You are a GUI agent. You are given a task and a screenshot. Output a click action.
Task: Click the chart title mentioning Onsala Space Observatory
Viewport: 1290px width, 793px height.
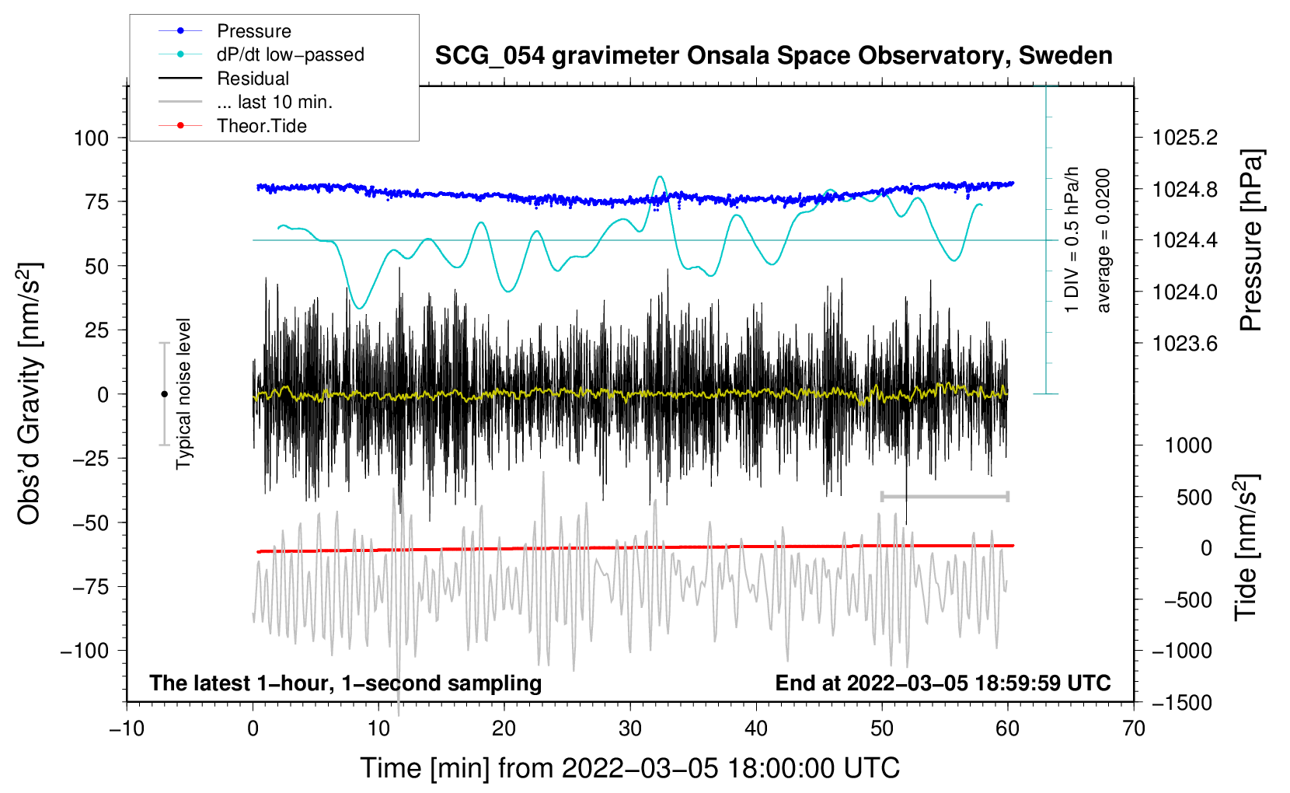tap(773, 56)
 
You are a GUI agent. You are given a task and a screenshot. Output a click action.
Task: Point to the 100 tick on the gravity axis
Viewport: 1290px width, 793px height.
tap(91, 138)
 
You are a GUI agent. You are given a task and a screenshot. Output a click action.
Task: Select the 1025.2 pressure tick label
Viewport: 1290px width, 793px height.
tap(1185, 138)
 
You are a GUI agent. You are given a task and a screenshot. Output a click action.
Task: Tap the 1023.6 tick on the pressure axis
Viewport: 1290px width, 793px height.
tap(1185, 344)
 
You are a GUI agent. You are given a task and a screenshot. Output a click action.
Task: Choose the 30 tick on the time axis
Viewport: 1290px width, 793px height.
tap(630, 728)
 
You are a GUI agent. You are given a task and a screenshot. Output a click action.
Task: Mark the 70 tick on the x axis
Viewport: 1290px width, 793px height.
tap(1134, 728)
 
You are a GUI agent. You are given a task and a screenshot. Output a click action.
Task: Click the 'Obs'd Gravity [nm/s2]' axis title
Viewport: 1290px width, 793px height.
tap(30, 393)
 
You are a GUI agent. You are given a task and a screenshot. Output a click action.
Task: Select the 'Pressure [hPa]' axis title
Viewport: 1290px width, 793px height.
tap(1250, 240)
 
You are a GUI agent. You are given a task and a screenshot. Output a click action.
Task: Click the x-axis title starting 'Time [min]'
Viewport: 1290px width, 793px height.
tap(629, 768)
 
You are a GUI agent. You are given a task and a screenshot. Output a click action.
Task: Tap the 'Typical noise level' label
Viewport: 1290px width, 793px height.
tap(183, 393)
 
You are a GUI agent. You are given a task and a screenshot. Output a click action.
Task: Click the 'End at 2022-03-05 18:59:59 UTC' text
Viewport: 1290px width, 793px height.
tap(943, 683)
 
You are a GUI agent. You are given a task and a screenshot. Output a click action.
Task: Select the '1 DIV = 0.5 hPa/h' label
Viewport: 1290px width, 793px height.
tap(1072, 239)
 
